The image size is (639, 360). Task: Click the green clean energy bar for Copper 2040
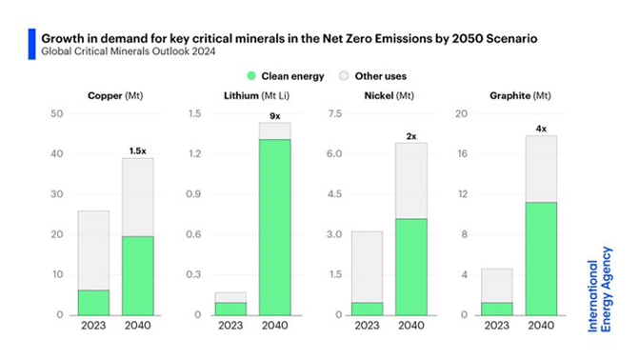coord(139,276)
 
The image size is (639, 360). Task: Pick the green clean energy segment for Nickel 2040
coord(411,267)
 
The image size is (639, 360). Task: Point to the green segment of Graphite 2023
coord(496,309)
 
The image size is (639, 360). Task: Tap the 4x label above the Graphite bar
coord(541,128)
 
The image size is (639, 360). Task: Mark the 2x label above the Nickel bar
coord(411,136)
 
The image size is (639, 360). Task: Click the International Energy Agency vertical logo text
coord(600,294)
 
